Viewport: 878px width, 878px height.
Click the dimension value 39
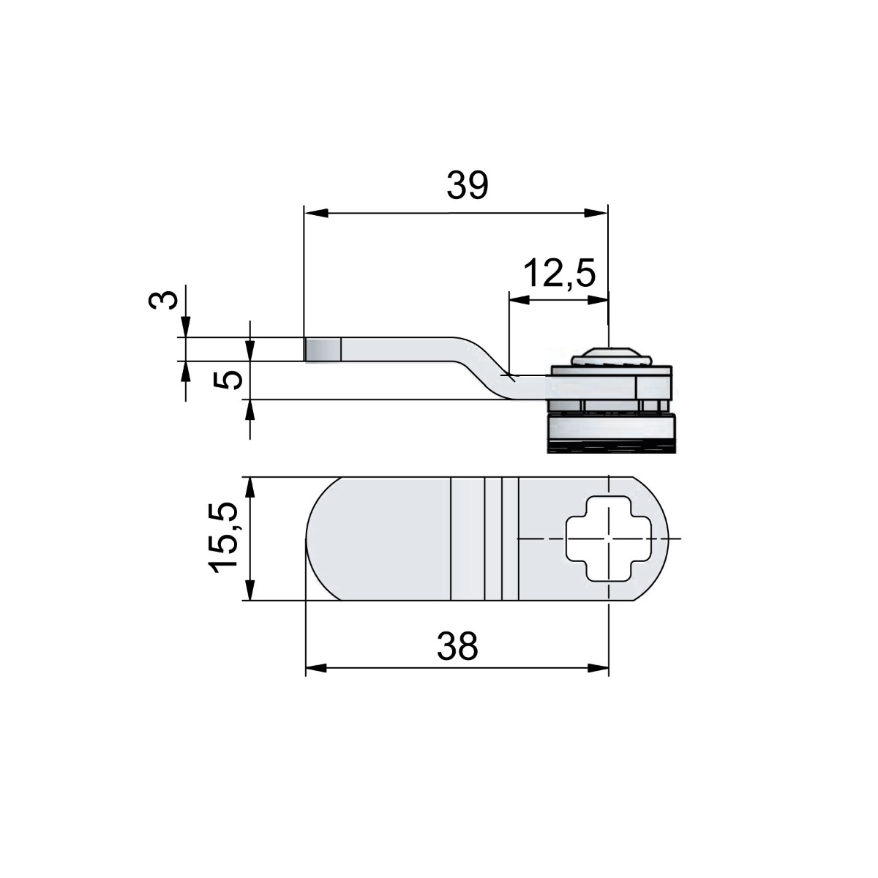467,186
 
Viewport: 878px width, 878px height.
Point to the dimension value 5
231,379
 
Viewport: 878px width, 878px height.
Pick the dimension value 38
457,646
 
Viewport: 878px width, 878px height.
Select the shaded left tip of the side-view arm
322,349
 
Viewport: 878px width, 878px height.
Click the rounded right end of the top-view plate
638,539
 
